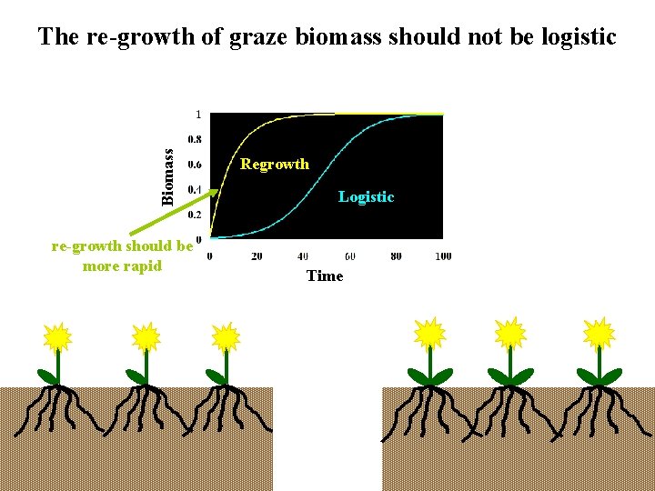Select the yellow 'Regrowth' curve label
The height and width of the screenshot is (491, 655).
click(274, 165)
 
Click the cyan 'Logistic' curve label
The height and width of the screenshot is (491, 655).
click(366, 196)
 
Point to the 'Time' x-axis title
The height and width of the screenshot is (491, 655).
click(325, 276)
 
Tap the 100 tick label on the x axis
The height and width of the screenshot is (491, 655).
click(443, 256)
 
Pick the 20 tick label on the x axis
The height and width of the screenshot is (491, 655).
click(257, 256)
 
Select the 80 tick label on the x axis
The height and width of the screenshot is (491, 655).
click(396, 256)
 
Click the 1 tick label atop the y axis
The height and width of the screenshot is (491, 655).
click(199, 115)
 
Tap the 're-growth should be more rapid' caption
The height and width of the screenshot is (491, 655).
click(122, 256)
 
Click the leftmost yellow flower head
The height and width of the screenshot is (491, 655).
click(57, 337)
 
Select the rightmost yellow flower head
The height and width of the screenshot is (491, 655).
click(600, 334)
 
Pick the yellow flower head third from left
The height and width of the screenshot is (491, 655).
click(225, 337)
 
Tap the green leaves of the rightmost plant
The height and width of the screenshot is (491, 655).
click(600, 376)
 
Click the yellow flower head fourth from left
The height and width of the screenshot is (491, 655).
click(428, 334)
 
